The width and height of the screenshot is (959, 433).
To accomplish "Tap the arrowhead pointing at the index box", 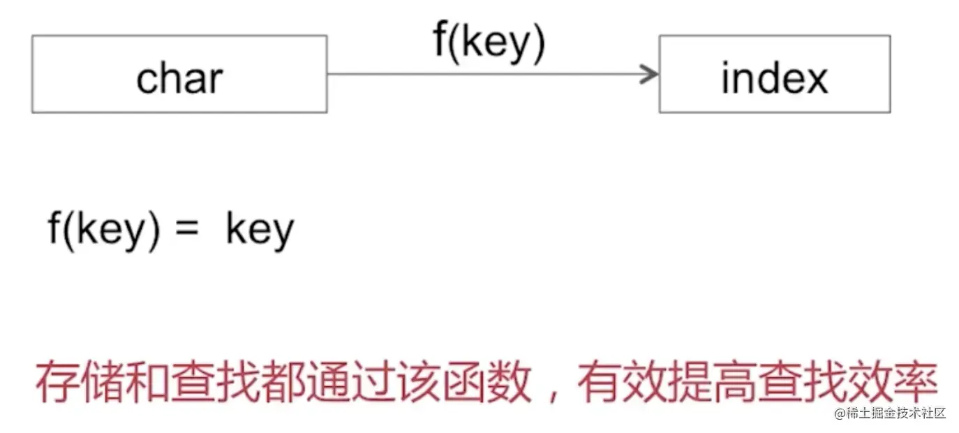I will click(x=651, y=73).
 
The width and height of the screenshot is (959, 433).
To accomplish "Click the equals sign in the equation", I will click(x=188, y=229).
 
